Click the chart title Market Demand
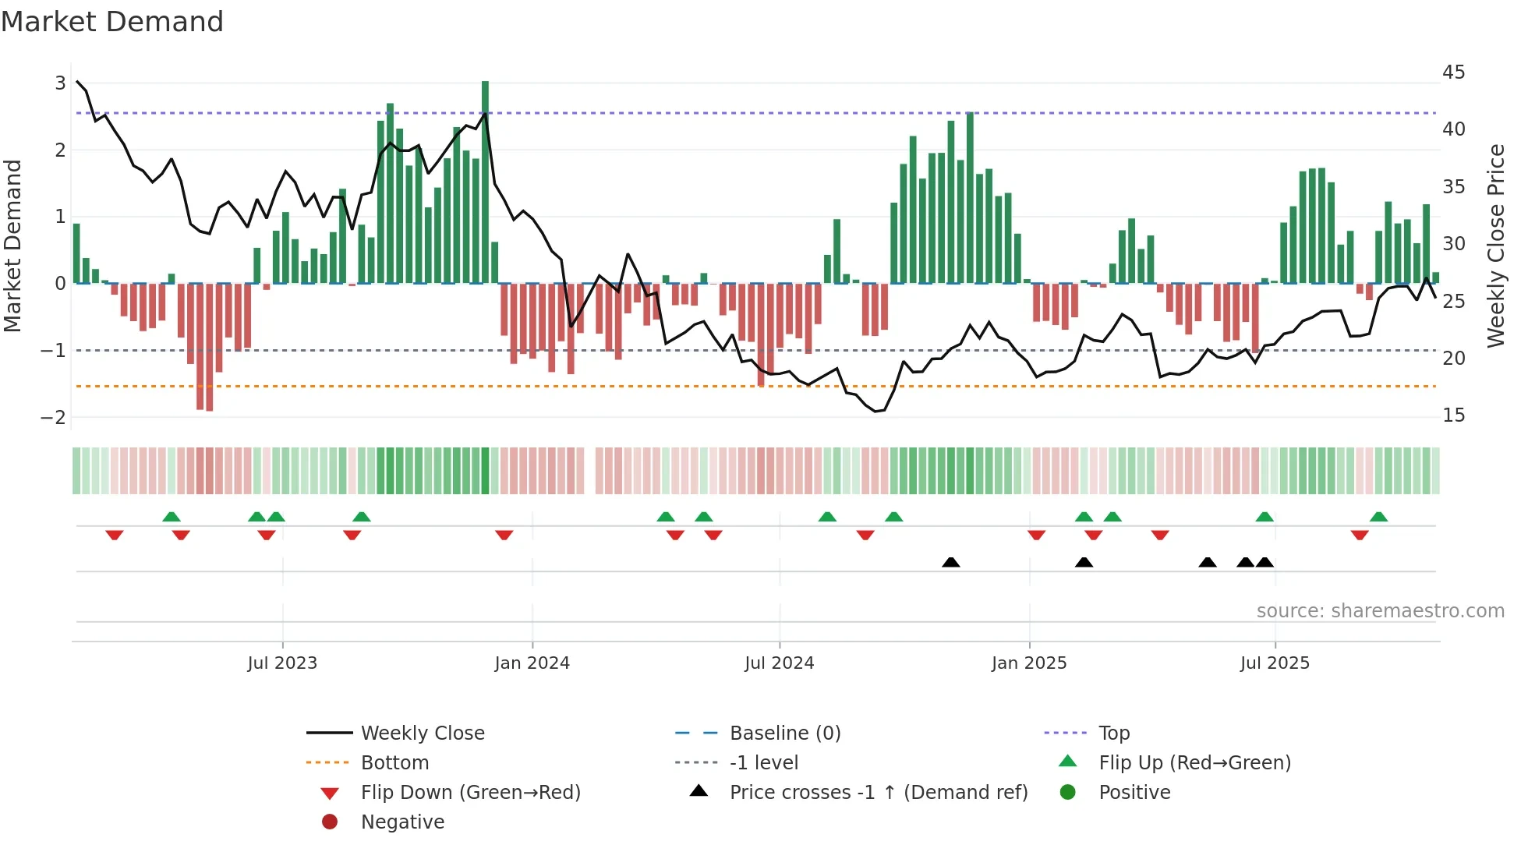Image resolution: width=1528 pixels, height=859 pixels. [x=112, y=22]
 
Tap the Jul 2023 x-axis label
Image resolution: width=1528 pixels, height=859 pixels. [x=282, y=663]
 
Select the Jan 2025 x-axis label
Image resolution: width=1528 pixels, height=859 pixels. [x=1029, y=663]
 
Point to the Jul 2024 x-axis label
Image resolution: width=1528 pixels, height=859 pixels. [x=779, y=663]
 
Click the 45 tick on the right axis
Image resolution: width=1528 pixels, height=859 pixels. [x=1453, y=72]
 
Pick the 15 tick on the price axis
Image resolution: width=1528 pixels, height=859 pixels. [x=1453, y=415]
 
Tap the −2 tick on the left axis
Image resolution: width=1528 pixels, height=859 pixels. [x=53, y=417]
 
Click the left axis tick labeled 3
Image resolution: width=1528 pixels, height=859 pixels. [x=60, y=83]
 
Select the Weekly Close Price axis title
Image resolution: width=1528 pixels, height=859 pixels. [x=1495, y=246]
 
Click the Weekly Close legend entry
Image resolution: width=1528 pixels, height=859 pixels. [x=422, y=734]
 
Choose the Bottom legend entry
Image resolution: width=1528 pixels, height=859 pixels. [x=394, y=763]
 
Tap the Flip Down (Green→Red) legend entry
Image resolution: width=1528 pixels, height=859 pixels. [x=470, y=793]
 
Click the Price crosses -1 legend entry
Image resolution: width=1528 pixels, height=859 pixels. [x=878, y=793]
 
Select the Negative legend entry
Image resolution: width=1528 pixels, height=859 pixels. [x=402, y=822]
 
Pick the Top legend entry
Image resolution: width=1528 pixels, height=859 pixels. [x=1113, y=734]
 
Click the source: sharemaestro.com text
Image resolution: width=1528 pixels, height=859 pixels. [x=1380, y=611]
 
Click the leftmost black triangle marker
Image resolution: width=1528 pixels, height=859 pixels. [x=950, y=563]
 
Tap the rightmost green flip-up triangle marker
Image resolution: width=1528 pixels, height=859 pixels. [x=1378, y=517]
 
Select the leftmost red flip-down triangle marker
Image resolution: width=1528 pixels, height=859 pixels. [x=115, y=535]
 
